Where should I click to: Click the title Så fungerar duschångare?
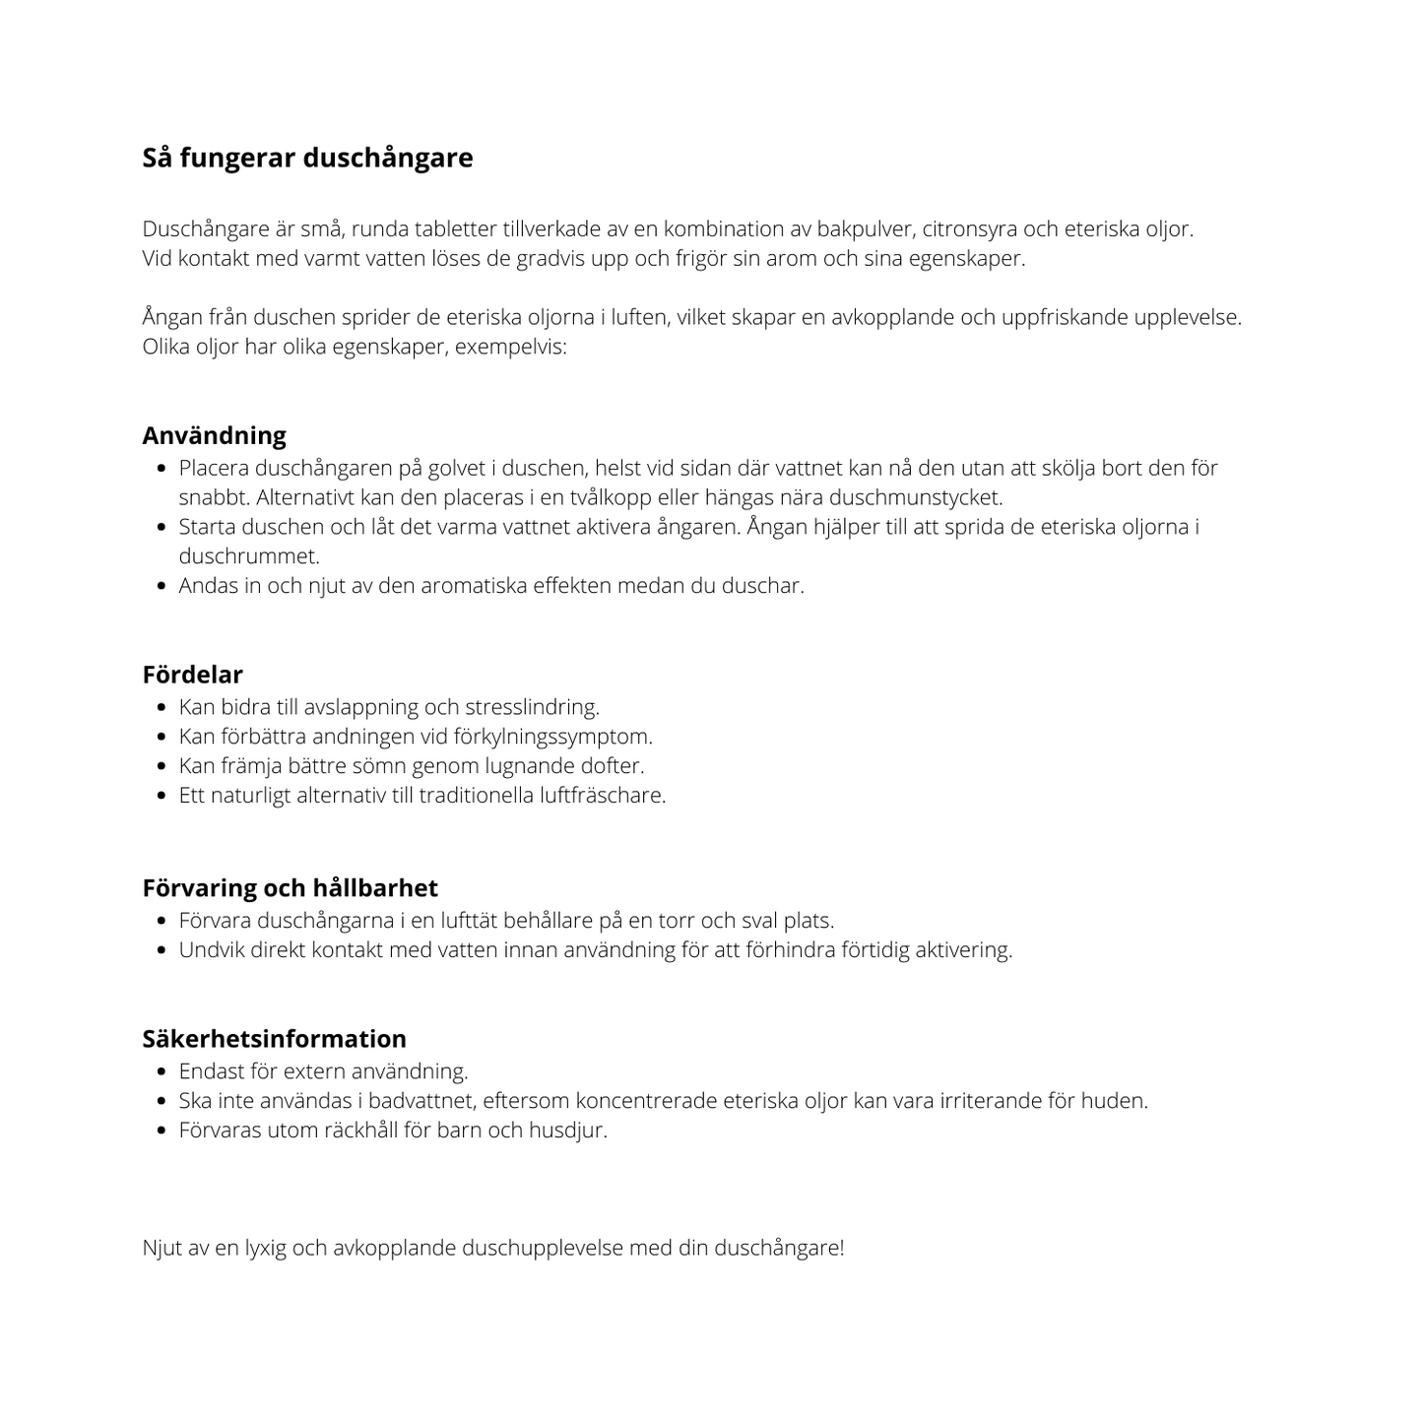[x=307, y=158]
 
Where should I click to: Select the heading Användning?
[x=214, y=435]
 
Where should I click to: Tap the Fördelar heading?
[x=192, y=675]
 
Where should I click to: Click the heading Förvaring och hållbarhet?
[x=290, y=888]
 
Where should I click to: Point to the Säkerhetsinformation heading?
[x=274, y=1039]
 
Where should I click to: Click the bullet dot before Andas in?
[x=162, y=586]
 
